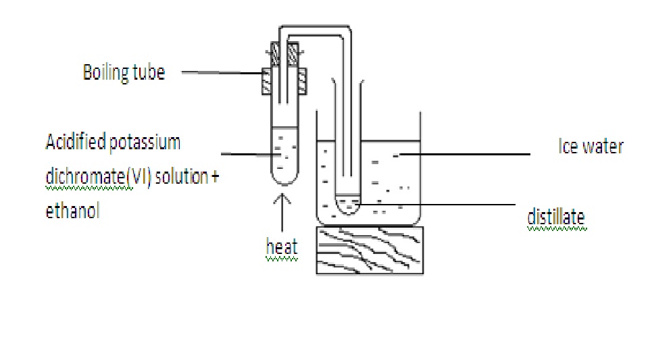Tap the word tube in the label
147,72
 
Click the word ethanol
72,211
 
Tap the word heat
282,247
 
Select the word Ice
568,147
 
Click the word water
603,147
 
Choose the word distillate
555,217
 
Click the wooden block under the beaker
370,249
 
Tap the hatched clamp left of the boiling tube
267,82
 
